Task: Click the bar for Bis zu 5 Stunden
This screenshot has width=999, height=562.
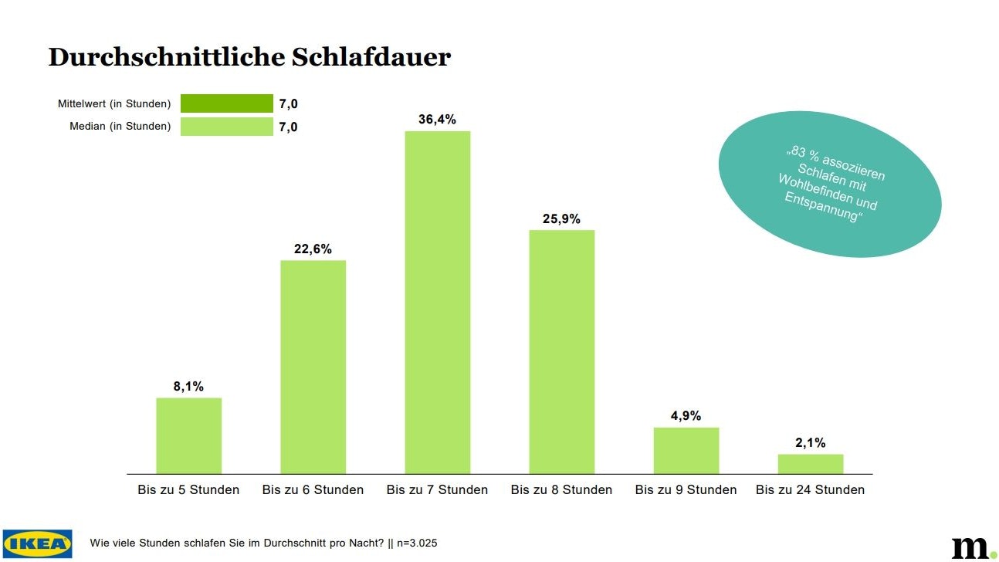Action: pos(188,435)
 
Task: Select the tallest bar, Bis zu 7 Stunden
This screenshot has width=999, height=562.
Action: pos(437,302)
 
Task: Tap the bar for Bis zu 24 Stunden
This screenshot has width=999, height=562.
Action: pos(810,464)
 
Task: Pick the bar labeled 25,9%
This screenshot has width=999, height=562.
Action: pos(561,351)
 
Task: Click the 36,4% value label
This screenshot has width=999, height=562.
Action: pos(437,119)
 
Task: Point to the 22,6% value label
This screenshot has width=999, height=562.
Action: pos(313,249)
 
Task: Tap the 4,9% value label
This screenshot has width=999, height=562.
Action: pos(686,416)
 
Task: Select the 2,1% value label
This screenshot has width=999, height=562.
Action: pos(810,442)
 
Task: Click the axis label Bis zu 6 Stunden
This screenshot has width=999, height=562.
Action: pos(313,490)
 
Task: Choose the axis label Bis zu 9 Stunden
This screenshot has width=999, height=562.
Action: pos(686,490)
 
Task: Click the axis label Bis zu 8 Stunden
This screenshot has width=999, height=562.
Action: pos(561,490)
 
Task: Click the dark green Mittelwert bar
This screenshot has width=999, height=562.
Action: pos(226,103)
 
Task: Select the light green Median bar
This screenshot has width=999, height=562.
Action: pos(226,127)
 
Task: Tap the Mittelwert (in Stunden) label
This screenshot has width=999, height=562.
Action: pos(114,103)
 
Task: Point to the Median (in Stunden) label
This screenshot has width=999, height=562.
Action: pos(120,127)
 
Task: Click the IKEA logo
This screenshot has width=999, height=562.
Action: pos(37,543)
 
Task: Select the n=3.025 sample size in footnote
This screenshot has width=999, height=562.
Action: pos(417,543)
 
